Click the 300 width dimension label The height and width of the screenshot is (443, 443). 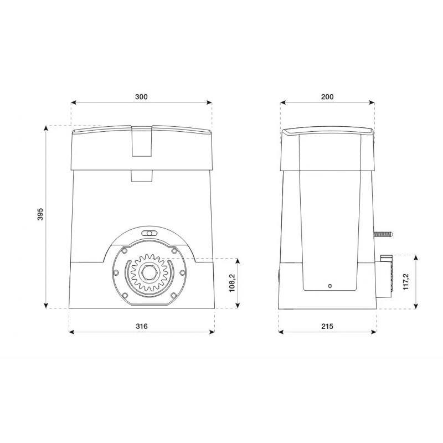141,96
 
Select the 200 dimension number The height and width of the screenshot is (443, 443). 327,96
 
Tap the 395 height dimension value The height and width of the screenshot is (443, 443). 40,214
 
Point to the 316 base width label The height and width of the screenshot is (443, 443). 142,326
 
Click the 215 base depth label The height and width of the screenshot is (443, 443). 327,326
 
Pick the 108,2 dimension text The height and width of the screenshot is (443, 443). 232,283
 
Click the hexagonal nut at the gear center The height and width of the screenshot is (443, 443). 149,272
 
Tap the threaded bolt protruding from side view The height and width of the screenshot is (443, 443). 383,234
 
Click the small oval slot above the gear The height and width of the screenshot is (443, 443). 149,233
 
